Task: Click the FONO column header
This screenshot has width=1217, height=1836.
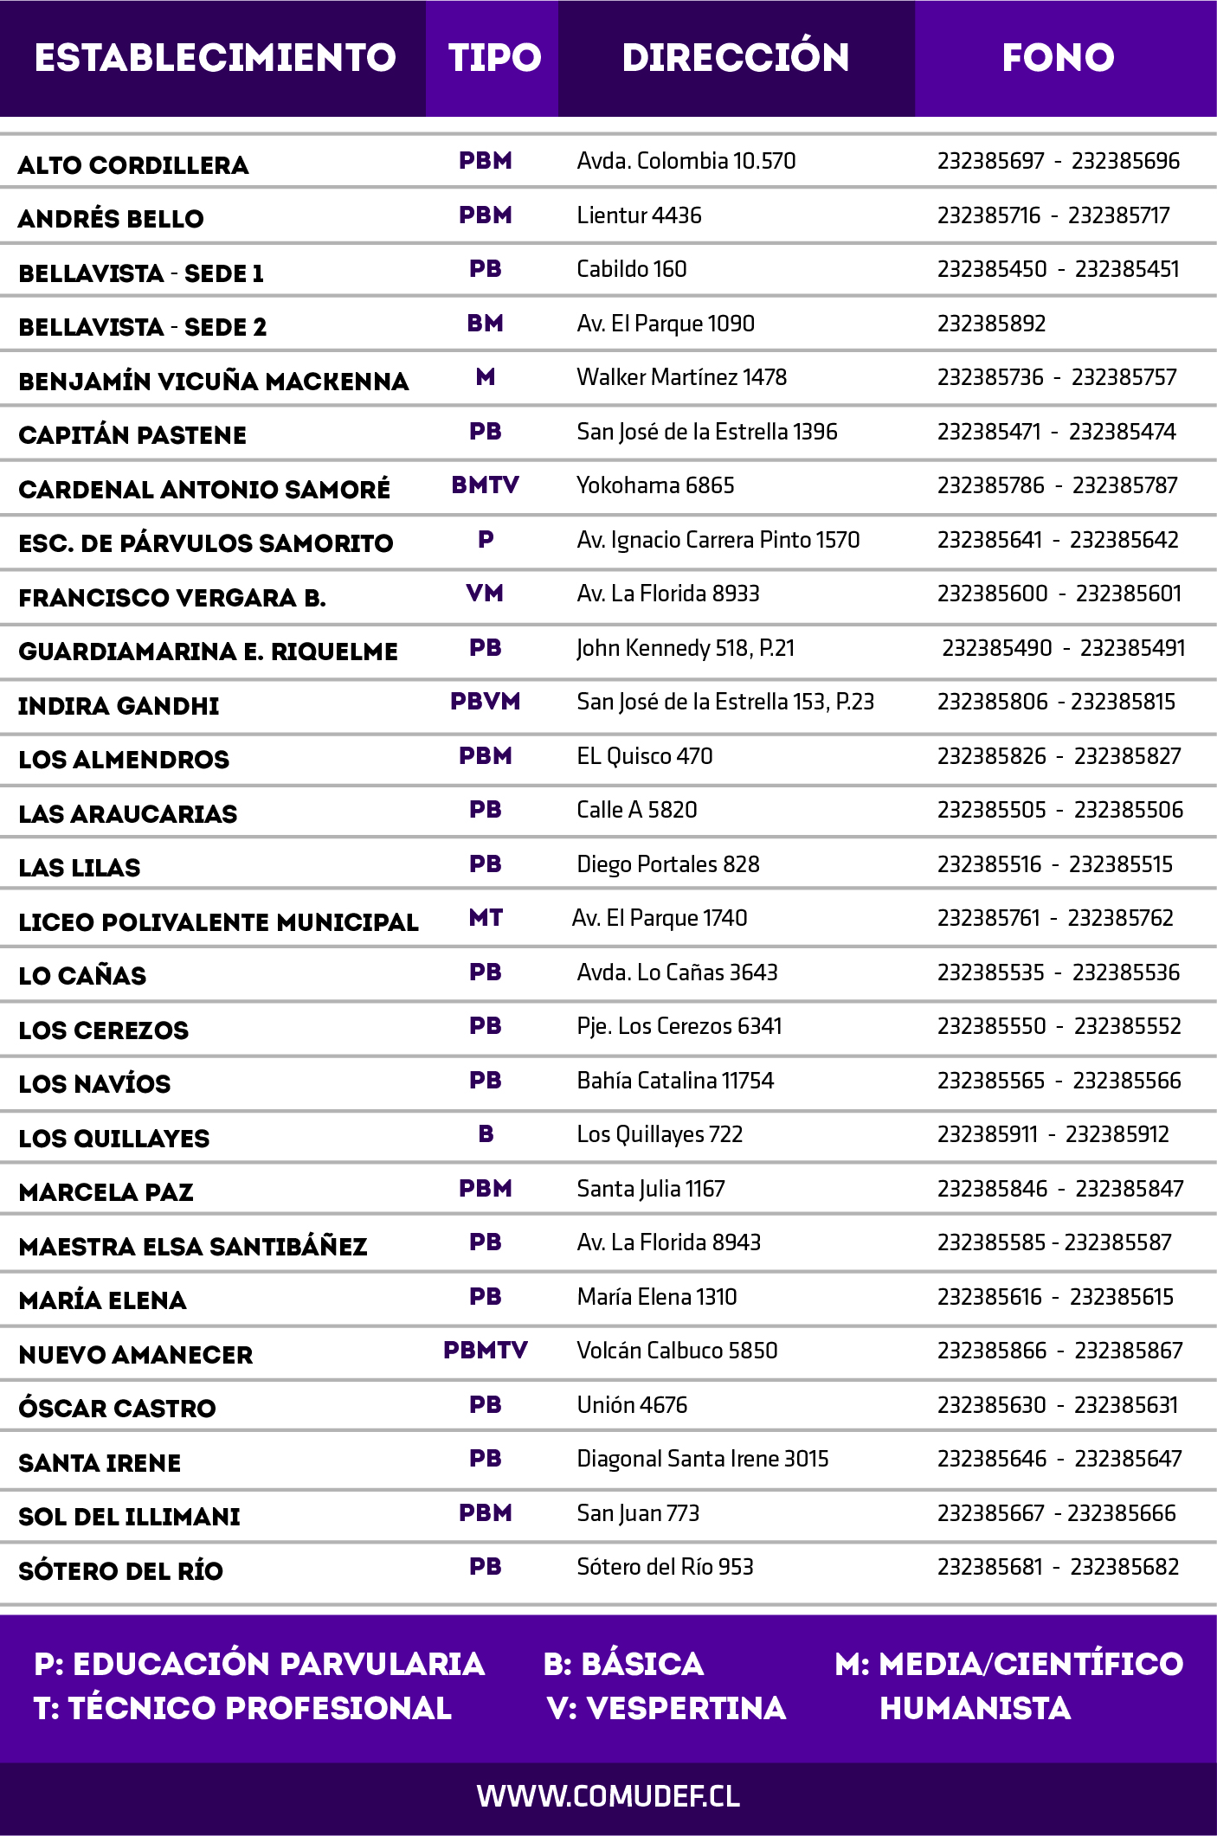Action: (1058, 58)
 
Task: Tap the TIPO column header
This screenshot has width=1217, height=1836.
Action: (494, 58)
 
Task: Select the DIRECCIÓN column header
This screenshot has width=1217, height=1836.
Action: (736, 58)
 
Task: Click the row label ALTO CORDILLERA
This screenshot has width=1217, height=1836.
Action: (133, 165)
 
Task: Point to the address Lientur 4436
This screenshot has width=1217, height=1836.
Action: (639, 215)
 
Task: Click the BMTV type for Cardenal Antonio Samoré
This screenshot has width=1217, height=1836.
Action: (485, 485)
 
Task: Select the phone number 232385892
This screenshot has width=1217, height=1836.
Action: (991, 324)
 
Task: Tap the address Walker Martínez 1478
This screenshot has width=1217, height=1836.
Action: (681, 377)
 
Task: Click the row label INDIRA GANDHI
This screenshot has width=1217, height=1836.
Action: (119, 706)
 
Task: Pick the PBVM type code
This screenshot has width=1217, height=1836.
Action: (485, 702)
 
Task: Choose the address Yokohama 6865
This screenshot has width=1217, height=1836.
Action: (655, 485)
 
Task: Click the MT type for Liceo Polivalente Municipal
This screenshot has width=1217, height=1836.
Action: (486, 918)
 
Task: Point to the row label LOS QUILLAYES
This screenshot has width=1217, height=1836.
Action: (114, 1139)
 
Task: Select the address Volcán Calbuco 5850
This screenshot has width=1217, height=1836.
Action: (677, 1351)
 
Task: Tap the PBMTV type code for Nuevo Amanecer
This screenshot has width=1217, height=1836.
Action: (485, 1351)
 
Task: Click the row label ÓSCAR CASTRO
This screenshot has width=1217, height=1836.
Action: (117, 1409)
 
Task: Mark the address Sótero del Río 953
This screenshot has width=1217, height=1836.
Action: (665, 1567)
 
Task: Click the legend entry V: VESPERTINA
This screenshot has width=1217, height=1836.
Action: (666, 1708)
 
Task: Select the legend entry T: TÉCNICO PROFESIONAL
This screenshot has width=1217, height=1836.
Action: (242, 1708)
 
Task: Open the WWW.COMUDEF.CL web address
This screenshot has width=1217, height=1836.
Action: (608, 1796)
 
